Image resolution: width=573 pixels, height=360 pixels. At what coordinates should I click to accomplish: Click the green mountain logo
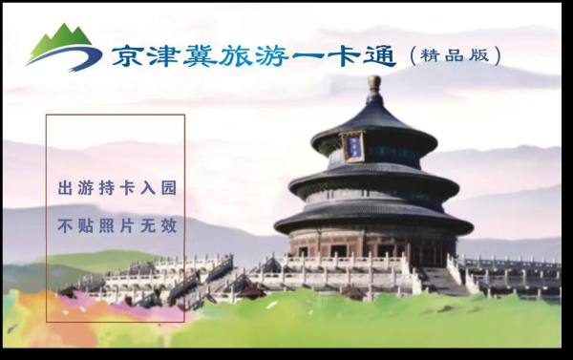63,49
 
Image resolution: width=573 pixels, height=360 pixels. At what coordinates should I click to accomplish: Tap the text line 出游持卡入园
117,188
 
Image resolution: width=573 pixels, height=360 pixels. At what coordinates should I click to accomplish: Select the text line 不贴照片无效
117,227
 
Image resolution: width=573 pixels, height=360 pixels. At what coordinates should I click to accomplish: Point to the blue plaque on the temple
354,146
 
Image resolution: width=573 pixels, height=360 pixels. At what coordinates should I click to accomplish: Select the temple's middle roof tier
373,180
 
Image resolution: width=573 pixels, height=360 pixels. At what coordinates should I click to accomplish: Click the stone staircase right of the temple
441,280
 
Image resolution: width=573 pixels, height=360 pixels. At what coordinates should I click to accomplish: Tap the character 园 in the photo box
169,188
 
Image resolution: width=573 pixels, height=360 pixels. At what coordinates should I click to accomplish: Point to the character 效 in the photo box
169,227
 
